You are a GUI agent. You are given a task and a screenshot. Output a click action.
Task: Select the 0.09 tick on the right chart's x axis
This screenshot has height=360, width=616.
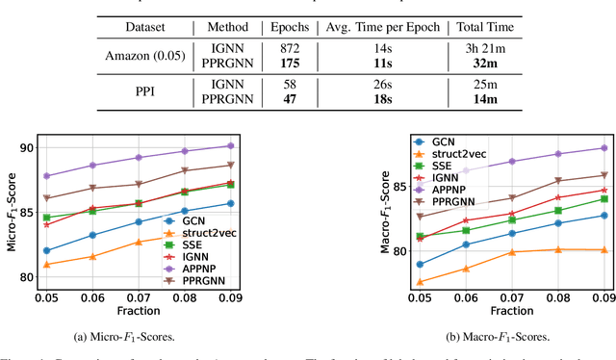click(x=603, y=298)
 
